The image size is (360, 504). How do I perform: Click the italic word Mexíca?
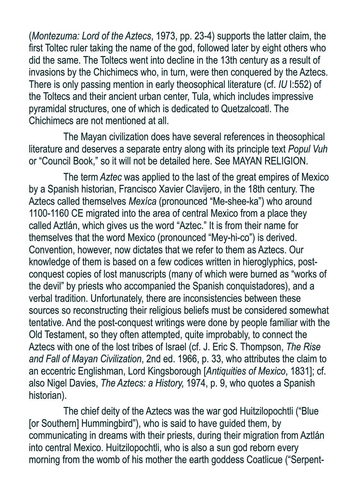click(142, 201)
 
